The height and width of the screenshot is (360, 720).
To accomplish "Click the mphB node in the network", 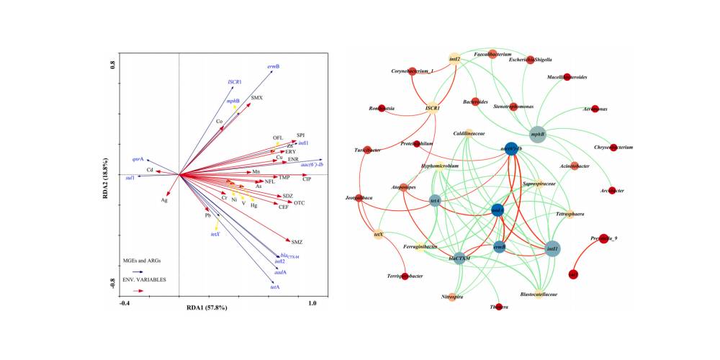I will point(538,133).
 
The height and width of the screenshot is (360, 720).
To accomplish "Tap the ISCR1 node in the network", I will point(433,109).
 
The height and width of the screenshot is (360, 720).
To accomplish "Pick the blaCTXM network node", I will point(459,257).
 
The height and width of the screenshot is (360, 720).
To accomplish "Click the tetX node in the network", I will point(379,234).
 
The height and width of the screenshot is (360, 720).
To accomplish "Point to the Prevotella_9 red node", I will point(603,239).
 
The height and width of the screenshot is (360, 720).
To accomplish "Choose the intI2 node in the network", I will point(454,60).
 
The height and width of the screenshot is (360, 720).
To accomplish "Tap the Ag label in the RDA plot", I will point(164,200).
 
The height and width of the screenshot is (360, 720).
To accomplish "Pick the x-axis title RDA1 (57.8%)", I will point(207,307).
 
